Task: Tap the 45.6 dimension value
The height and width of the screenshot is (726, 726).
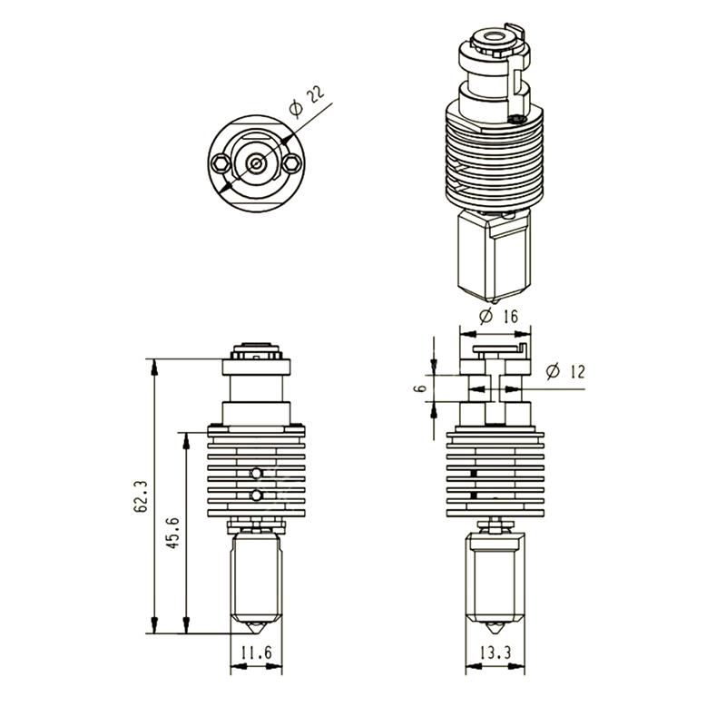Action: click(x=173, y=533)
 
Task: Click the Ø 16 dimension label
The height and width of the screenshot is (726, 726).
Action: click(x=496, y=316)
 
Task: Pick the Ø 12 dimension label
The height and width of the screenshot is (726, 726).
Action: click(x=564, y=372)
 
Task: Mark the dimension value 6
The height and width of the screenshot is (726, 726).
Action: click(x=419, y=388)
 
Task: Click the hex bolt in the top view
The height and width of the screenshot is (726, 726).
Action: click(x=222, y=163)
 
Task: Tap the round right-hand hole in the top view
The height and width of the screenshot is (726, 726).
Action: click(x=290, y=163)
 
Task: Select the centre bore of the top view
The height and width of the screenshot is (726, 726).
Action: click(x=257, y=163)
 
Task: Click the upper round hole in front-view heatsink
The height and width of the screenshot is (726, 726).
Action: click(x=257, y=473)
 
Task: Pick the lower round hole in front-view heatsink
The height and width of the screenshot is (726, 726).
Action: click(x=257, y=495)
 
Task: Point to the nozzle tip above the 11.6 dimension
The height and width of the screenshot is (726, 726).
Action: click(x=257, y=628)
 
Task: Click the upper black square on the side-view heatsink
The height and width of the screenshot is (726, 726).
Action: click(x=474, y=474)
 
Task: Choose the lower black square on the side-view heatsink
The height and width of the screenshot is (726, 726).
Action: click(x=474, y=496)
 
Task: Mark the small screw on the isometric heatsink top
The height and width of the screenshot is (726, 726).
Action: click(x=518, y=118)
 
